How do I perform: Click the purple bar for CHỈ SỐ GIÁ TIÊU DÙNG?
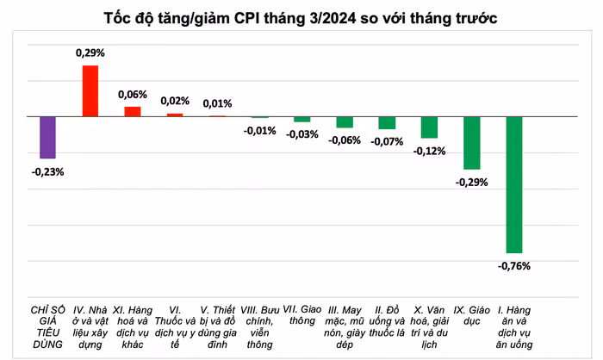point(47,137)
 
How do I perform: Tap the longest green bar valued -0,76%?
point(514,183)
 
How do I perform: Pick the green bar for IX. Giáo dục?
point(471,142)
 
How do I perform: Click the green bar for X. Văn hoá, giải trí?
point(429,127)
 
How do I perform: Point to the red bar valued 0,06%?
point(133,111)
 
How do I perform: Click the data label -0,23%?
point(47,171)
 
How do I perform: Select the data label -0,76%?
point(514,266)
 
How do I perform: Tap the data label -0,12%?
point(429,151)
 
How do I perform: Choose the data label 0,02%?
point(175,101)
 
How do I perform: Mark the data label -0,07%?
point(387,141)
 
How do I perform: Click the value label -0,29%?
point(471,182)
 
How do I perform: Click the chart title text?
point(301,18)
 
